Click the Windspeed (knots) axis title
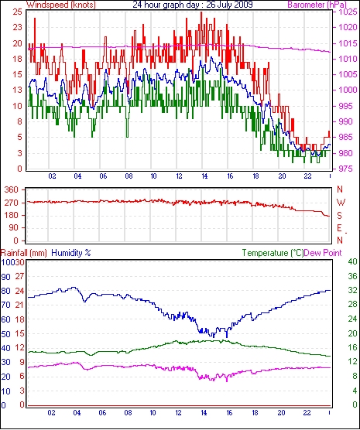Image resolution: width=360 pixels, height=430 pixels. [x=61, y=5]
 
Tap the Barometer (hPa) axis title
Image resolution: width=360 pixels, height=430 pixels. [x=317, y=5]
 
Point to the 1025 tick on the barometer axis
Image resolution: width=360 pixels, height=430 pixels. [x=348, y=12]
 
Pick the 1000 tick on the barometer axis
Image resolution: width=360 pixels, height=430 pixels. [x=348, y=90]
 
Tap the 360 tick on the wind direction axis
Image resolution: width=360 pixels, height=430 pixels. [x=12, y=189]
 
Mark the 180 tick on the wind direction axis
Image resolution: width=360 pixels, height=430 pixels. [x=12, y=215]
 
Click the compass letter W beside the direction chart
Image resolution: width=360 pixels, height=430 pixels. [x=341, y=203]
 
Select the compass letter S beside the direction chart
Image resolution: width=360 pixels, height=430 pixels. [x=340, y=216]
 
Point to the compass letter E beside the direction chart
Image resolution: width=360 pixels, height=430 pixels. [x=340, y=228]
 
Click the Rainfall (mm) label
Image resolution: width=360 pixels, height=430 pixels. [x=24, y=253]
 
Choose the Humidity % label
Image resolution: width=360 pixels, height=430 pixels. [x=71, y=253]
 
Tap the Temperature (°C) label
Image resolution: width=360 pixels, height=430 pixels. [x=273, y=253]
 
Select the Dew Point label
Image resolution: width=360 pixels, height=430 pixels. [x=323, y=253]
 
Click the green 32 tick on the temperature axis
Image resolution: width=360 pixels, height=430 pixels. [x=352, y=290]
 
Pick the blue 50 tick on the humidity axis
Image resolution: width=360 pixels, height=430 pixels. [x=5, y=334]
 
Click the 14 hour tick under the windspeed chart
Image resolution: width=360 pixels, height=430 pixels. [x=204, y=176]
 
